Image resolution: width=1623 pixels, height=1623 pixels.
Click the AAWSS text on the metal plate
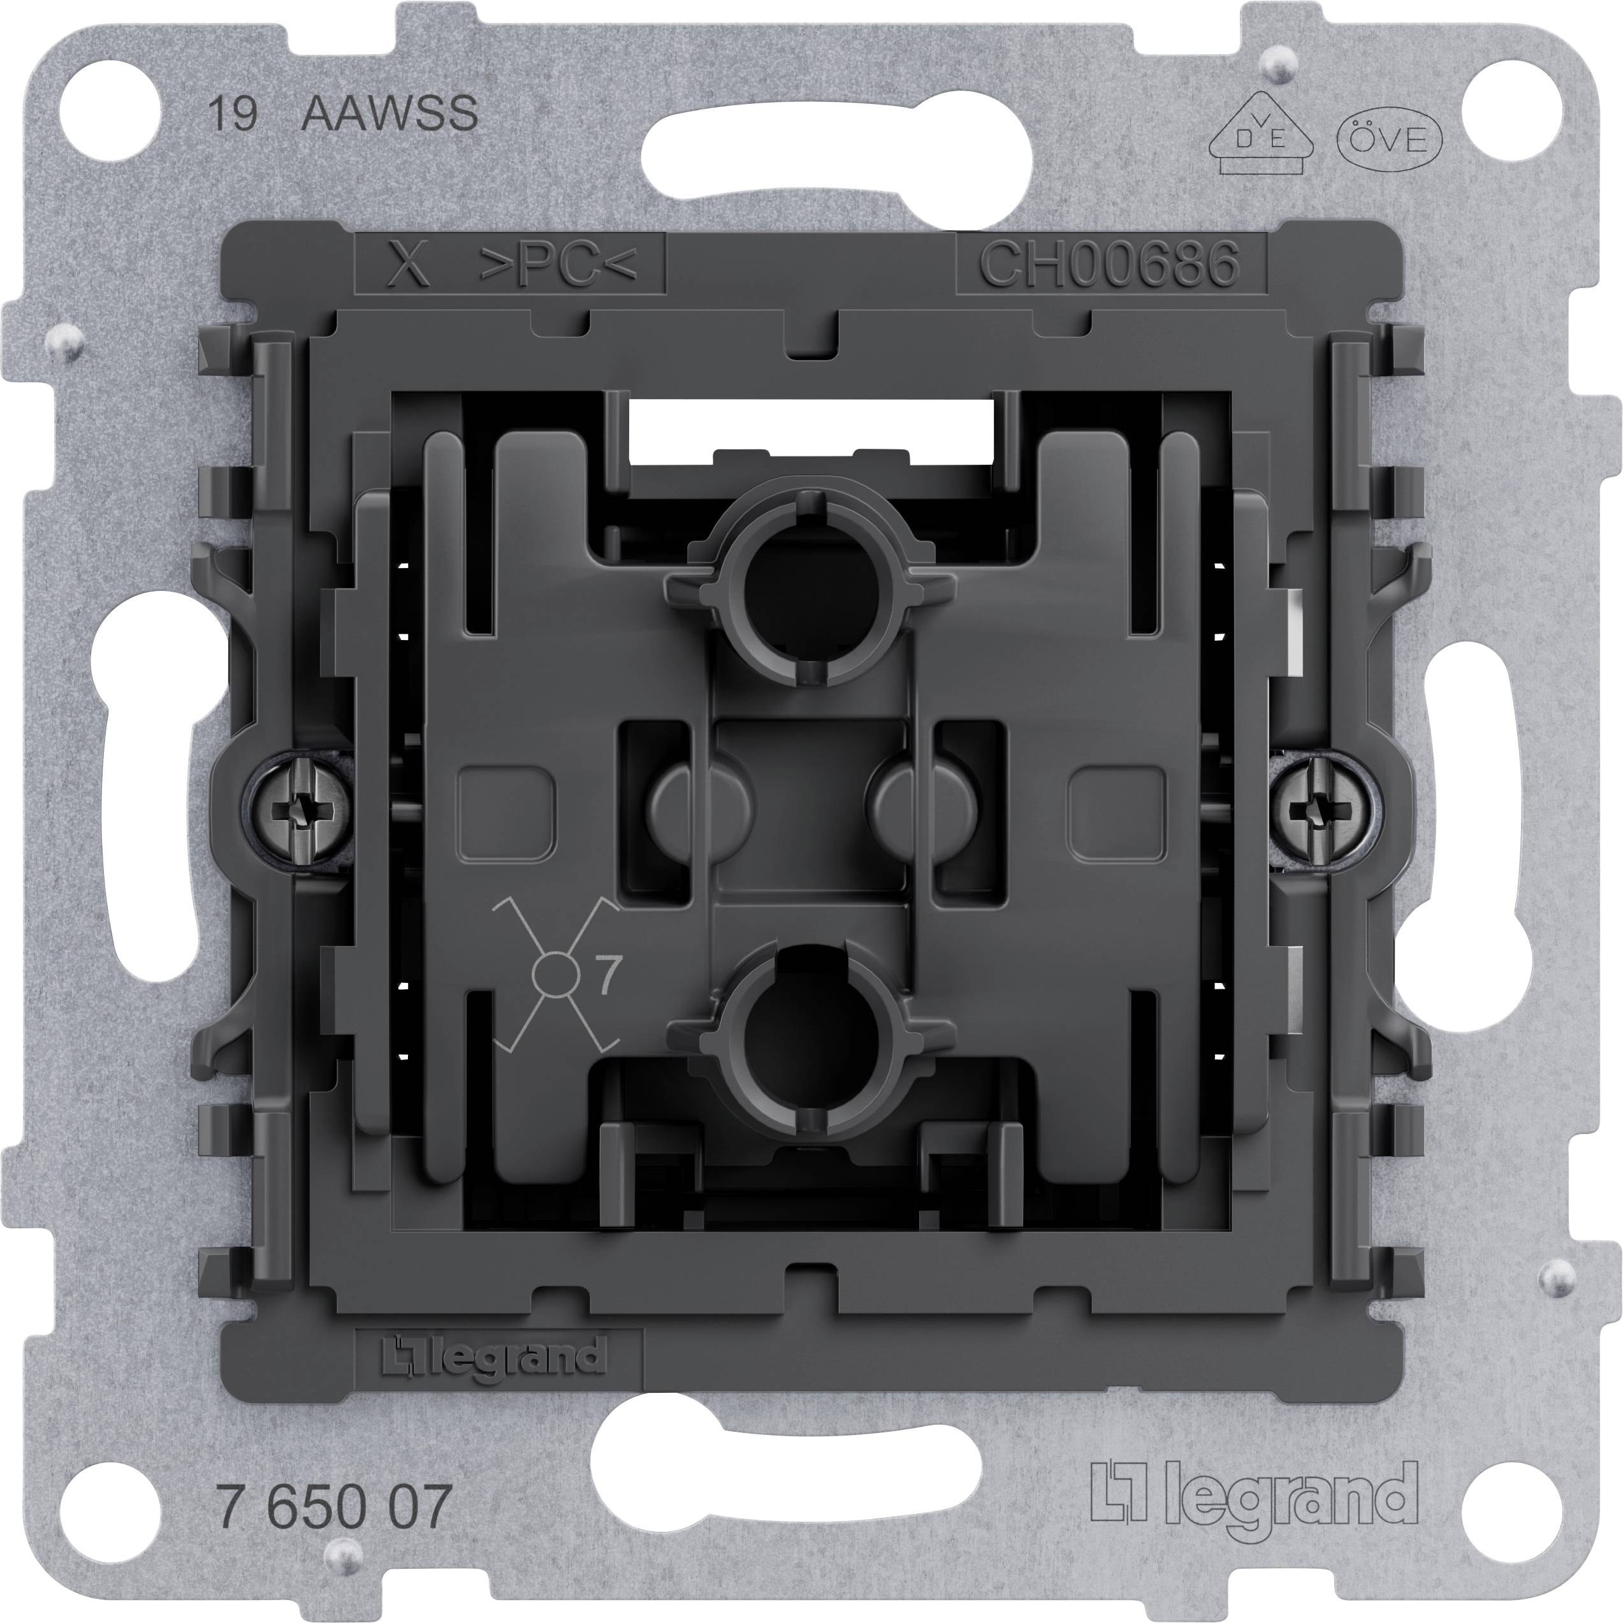[x=389, y=113]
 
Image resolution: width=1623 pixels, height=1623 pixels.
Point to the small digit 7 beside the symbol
[x=608, y=975]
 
